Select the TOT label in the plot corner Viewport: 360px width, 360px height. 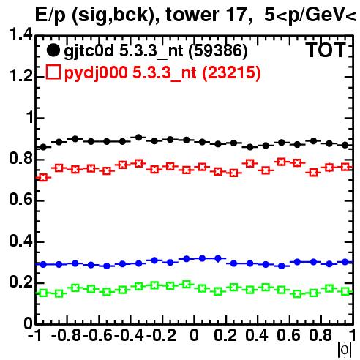pyautogui.click(x=326, y=50)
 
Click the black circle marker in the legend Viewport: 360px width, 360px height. pyautogui.click(x=53, y=50)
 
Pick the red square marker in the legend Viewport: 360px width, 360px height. pyautogui.click(x=53, y=72)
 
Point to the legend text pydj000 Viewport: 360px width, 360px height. pyautogui.click(x=96, y=73)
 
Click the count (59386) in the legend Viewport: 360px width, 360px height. pyautogui.click(x=218, y=51)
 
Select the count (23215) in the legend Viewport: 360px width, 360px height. pyautogui.click(x=231, y=72)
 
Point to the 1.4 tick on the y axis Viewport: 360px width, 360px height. pyautogui.click(x=20, y=34)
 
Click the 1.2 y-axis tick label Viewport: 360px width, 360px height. pyautogui.click(x=20, y=75)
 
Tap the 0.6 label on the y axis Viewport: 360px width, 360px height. pyautogui.click(x=20, y=199)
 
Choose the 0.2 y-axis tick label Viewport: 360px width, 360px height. pyautogui.click(x=20, y=282)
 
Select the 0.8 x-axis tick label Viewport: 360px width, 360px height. pyautogui.click(x=320, y=335)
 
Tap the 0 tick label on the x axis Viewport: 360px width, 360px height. pyautogui.click(x=194, y=335)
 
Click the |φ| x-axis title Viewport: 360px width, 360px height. pyautogui.click(x=345, y=350)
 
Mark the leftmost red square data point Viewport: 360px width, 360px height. pyautogui.click(x=43, y=178)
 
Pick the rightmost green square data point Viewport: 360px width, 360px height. pyautogui.click(x=345, y=291)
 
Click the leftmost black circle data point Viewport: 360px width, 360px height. pyautogui.click(x=43, y=147)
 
